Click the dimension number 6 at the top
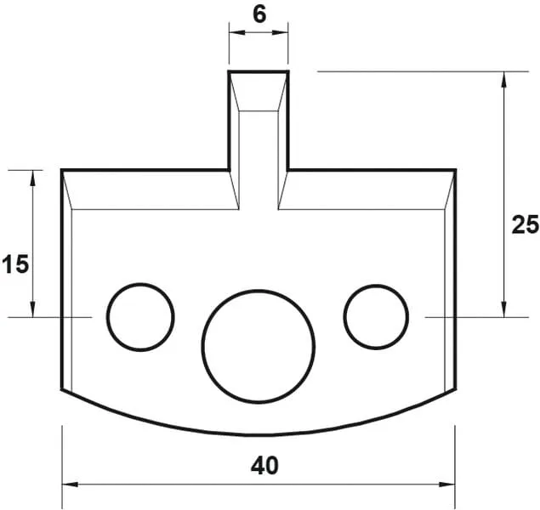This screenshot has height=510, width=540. click(x=258, y=14)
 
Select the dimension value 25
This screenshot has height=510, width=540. click(x=525, y=224)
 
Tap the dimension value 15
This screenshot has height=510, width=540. click(x=14, y=264)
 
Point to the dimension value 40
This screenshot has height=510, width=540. click(x=265, y=465)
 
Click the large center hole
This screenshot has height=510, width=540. click(x=259, y=345)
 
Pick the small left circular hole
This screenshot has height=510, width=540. click(x=140, y=316)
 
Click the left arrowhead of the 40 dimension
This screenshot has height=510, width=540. click(x=68, y=484)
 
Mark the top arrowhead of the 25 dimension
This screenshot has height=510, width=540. click(x=504, y=78)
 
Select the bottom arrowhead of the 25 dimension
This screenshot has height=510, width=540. click(x=504, y=310)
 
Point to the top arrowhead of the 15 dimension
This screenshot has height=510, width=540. click(x=33, y=176)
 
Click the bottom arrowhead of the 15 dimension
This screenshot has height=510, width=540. click(x=33, y=310)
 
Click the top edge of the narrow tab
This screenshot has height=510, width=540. click(x=259, y=72)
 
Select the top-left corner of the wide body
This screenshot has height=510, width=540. click(x=63, y=171)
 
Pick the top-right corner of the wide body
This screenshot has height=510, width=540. click(x=455, y=171)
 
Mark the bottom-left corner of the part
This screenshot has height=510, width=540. click(x=63, y=391)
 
